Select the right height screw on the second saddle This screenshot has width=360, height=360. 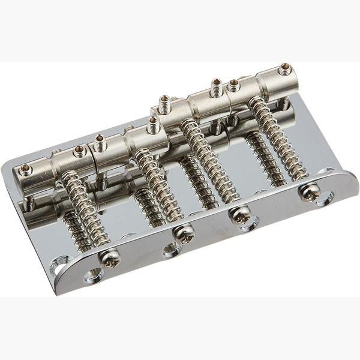pos(152,124)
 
